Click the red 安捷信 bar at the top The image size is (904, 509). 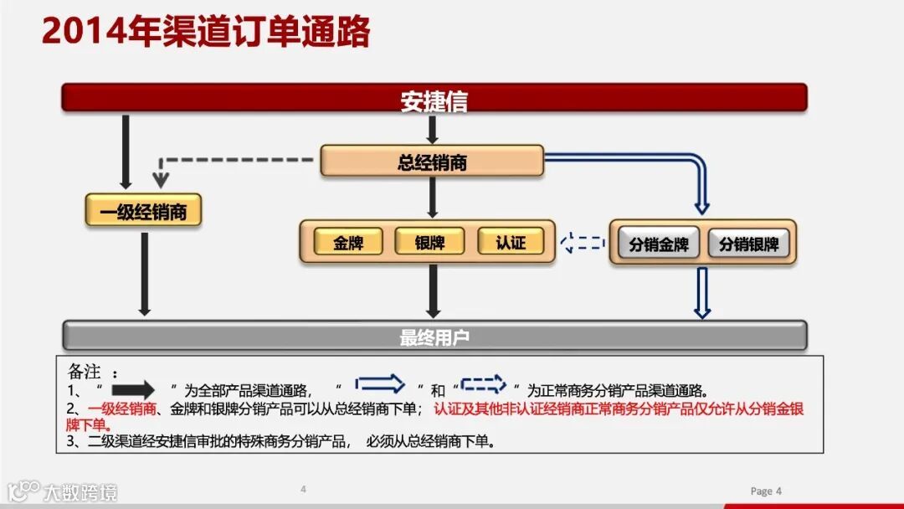click(434, 98)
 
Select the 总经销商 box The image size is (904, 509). click(432, 162)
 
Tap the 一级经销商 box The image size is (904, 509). click(144, 211)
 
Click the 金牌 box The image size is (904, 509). click(348, 243)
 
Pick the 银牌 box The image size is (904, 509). click(429, 243)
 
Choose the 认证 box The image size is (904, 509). click(511, 243)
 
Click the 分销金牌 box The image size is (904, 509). click(659, 244)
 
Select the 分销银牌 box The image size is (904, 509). click(748, 244)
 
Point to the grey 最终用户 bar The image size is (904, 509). click(434, 337)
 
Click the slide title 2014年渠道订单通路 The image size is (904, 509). click(206, 32)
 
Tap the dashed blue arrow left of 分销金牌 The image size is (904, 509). click(583, 243)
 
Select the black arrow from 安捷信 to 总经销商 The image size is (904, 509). click(432, 129)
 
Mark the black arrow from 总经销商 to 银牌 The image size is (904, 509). click(432, 198)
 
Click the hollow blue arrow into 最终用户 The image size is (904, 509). click(701, 293)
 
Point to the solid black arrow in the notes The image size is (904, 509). click(133, 389)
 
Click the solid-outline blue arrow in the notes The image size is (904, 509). click(380, 384)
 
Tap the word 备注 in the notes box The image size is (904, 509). click(85, 371)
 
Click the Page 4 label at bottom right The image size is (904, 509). click(766, 491)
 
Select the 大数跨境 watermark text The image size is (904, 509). click(80, 491)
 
